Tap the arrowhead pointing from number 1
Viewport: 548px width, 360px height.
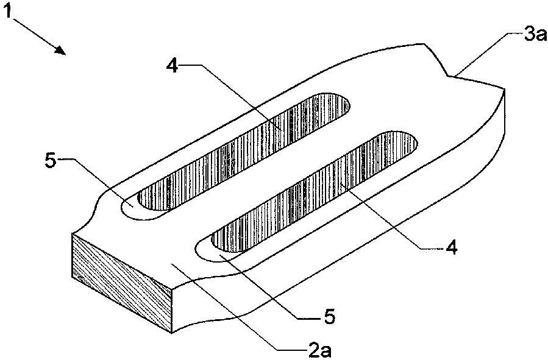60,50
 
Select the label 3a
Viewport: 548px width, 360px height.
533,36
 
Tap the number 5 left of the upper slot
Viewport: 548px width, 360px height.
51,161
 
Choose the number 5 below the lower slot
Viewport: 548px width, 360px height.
330,316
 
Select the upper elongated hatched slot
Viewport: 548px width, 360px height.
244,152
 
